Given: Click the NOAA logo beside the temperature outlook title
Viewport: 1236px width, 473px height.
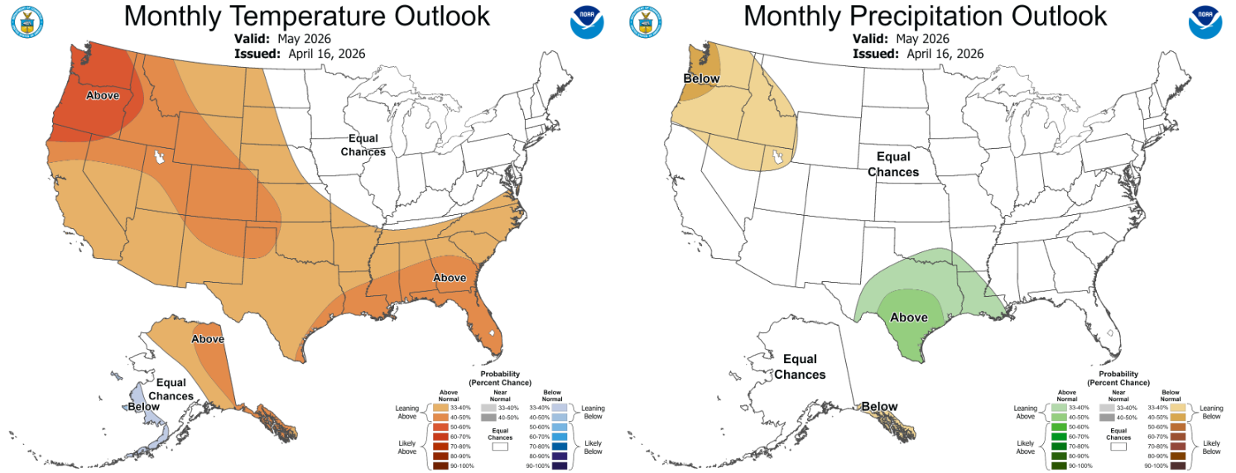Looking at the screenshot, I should tap(586, 21).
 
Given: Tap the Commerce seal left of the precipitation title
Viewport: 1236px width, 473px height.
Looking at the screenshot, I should tap(646, 21).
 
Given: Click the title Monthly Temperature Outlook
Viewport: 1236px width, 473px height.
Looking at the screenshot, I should tap(306, 16).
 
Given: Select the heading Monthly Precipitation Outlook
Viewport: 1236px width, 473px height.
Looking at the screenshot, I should tap(925, 16).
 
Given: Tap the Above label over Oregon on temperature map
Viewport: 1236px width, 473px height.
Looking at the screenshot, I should tap(103, 95).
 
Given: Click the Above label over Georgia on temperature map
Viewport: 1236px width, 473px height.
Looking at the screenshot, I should tap(450, 278).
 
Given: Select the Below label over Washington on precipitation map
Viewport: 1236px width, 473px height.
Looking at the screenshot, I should tap(701, 79).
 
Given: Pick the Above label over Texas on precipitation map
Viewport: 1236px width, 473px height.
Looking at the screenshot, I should tap(908, 318).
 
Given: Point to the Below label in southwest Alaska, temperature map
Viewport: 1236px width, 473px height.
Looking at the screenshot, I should tap(143, 407).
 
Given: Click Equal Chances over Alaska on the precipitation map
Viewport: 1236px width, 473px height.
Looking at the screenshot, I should tap(800, 366).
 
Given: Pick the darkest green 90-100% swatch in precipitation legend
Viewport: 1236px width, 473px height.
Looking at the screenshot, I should tap(1059, 466).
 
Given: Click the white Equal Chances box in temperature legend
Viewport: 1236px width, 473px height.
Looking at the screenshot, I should tap(499, 447).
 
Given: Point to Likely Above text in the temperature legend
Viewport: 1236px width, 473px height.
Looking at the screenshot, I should tap(406, 447).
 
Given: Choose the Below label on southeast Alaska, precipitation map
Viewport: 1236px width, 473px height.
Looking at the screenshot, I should tap(879, 406).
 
